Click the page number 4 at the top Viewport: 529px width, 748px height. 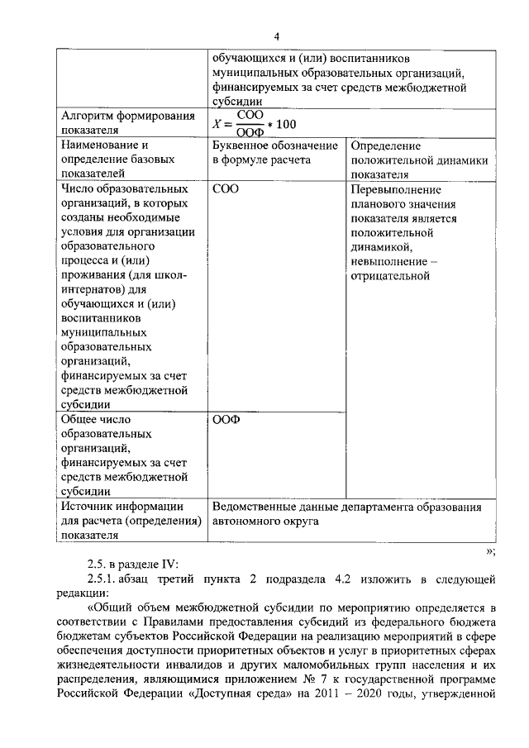[x=277, y=36]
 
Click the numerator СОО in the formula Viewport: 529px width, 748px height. [x=250, y=116]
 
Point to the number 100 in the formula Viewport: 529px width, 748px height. [x=285, y=124]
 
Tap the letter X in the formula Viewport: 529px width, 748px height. [x=217, y=124]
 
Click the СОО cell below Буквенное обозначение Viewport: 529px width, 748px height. [x=225, y=189]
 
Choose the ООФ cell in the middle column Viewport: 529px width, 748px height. [x=225, y=419]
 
